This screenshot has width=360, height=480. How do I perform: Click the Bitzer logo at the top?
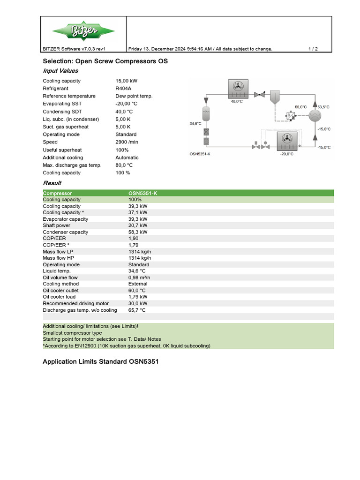83,31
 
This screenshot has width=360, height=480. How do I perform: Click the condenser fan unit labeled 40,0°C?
237,88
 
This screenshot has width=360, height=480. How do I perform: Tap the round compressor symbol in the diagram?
316,116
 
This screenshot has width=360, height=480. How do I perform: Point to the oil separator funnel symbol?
275,96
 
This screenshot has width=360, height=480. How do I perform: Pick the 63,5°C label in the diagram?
323,107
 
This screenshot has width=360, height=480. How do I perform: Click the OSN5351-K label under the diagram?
200,154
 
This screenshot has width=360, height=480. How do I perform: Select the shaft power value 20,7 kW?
138,225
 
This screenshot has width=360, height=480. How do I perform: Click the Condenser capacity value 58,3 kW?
138,232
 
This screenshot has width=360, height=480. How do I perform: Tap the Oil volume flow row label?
60,277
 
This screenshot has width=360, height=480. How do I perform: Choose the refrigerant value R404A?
124,88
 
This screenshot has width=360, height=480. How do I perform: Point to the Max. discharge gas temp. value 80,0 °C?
124,165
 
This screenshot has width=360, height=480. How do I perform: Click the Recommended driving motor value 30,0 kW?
138,304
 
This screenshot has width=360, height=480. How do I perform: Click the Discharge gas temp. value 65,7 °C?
137,310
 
